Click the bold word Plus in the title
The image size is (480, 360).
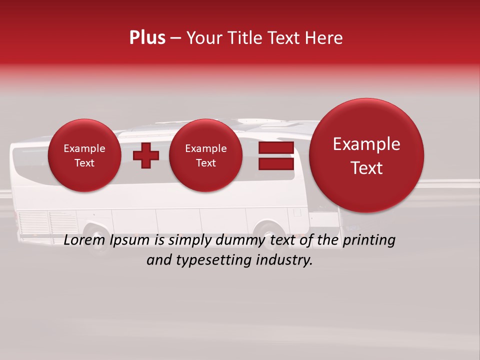coord(147,38)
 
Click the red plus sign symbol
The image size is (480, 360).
coord(146,155)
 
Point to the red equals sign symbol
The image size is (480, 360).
coord(276,155)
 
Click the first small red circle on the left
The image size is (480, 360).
coord(84,155)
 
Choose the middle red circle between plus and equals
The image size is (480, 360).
coord(206,155)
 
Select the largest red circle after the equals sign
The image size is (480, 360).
coord(366,155)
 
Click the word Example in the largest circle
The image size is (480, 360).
coord(366,144)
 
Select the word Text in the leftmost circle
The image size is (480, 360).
coord(84,163)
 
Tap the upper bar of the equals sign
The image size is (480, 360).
coord(276,148)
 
